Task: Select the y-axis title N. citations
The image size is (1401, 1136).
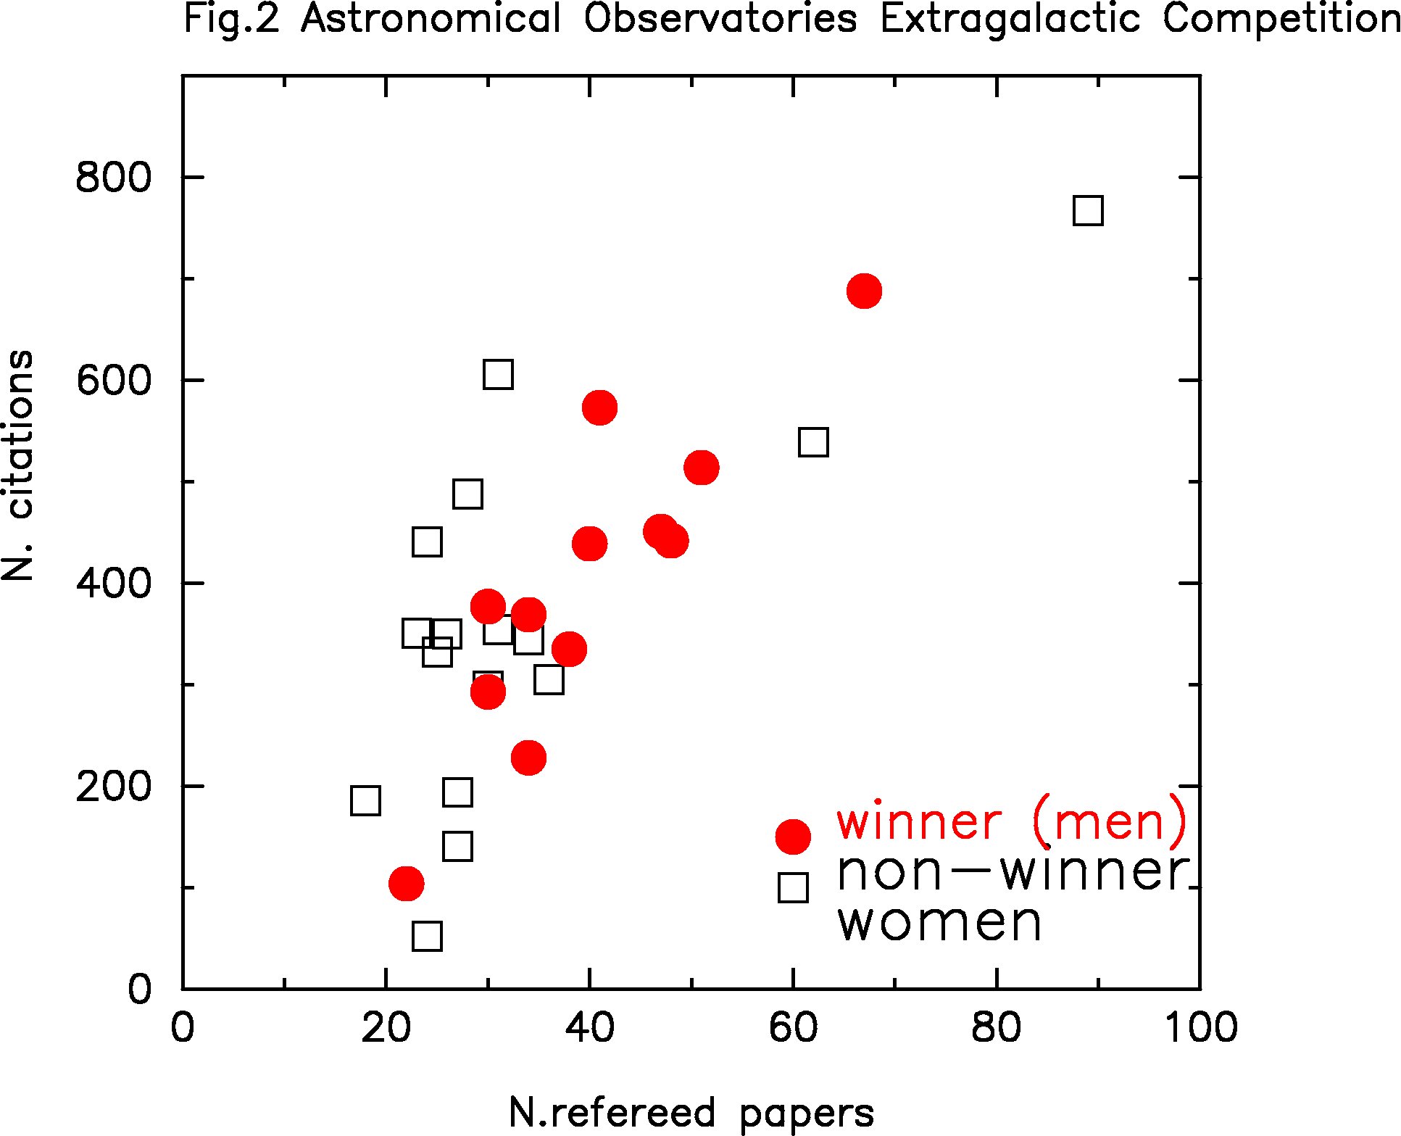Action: point(17,465)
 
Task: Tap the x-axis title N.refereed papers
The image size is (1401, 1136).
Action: point(691,1113)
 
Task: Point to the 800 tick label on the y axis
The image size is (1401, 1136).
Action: point(113,178)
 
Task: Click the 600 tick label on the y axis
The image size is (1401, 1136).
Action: point(113,381)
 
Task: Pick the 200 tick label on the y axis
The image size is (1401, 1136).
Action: point(113,787)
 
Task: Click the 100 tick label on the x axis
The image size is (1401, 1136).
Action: point(1200,1028)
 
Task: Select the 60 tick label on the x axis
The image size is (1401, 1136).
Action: point(793,1028)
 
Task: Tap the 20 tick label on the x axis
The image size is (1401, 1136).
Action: point(386,1028)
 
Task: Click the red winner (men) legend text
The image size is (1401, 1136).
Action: point(1012,821)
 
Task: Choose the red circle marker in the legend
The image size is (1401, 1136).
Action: point(793,836)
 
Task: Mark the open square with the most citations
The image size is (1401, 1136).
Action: point(1088,211)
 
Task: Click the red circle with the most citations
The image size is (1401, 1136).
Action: point(864,291)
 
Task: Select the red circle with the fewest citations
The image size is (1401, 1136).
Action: point(406,883)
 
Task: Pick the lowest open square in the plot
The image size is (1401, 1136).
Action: point(427,936)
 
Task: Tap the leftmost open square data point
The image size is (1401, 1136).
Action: point(365,800)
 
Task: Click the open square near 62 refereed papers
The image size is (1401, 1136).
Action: point(813,441)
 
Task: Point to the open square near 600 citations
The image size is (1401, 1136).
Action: point(498,375)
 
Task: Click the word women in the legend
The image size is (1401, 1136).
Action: point(939,922)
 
